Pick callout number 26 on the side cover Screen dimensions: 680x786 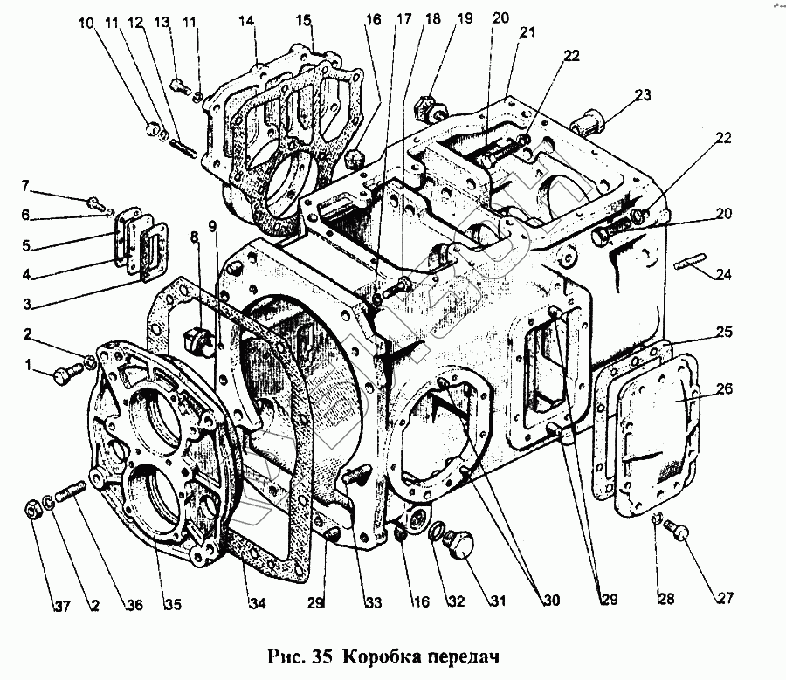click(x=724, y=389)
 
